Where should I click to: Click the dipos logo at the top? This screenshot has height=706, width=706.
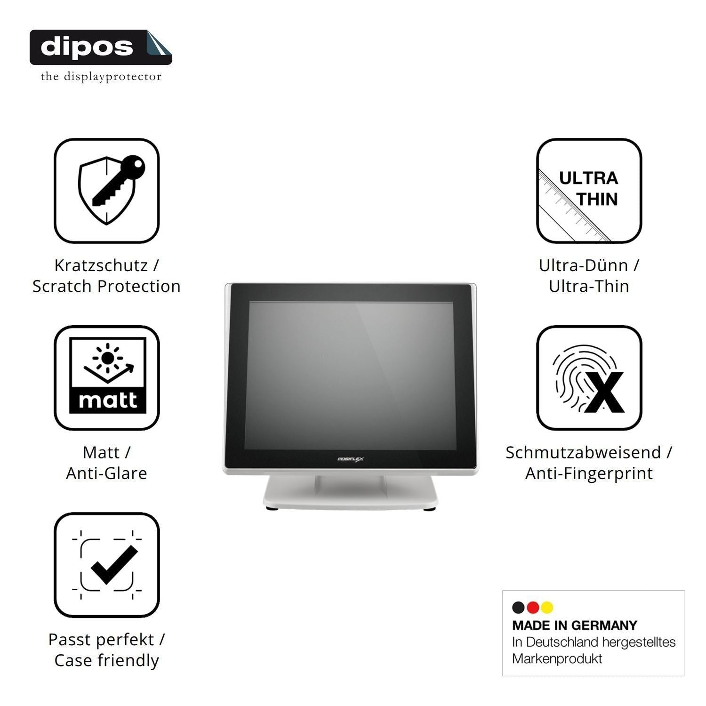pos(101,47)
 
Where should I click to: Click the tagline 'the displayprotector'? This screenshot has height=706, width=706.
pos(101,76)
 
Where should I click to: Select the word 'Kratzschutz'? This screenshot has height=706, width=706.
pos(101,265)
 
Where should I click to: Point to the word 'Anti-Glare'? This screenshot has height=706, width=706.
pos(107,473)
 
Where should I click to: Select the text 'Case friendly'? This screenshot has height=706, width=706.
pos(107,660)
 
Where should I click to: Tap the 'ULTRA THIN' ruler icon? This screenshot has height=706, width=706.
pos(589,191)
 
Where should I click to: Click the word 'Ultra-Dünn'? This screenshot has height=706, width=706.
pos(583,265)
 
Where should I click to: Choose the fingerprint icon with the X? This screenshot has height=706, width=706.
pos(589,377)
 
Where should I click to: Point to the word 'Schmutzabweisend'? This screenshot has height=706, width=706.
pos(583,452)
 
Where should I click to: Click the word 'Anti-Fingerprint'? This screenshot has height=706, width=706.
pos(589,473)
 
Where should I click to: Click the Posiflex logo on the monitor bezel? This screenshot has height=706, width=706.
pos(351,459)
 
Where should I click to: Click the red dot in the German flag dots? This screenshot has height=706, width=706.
pos(533,608)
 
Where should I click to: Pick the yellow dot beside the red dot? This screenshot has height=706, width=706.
pos(547,608)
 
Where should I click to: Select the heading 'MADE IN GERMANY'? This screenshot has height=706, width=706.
pos(575,626)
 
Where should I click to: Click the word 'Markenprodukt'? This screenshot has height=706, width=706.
pos(557,658)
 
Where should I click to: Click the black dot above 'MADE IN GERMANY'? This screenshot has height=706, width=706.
pos(518,608)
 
